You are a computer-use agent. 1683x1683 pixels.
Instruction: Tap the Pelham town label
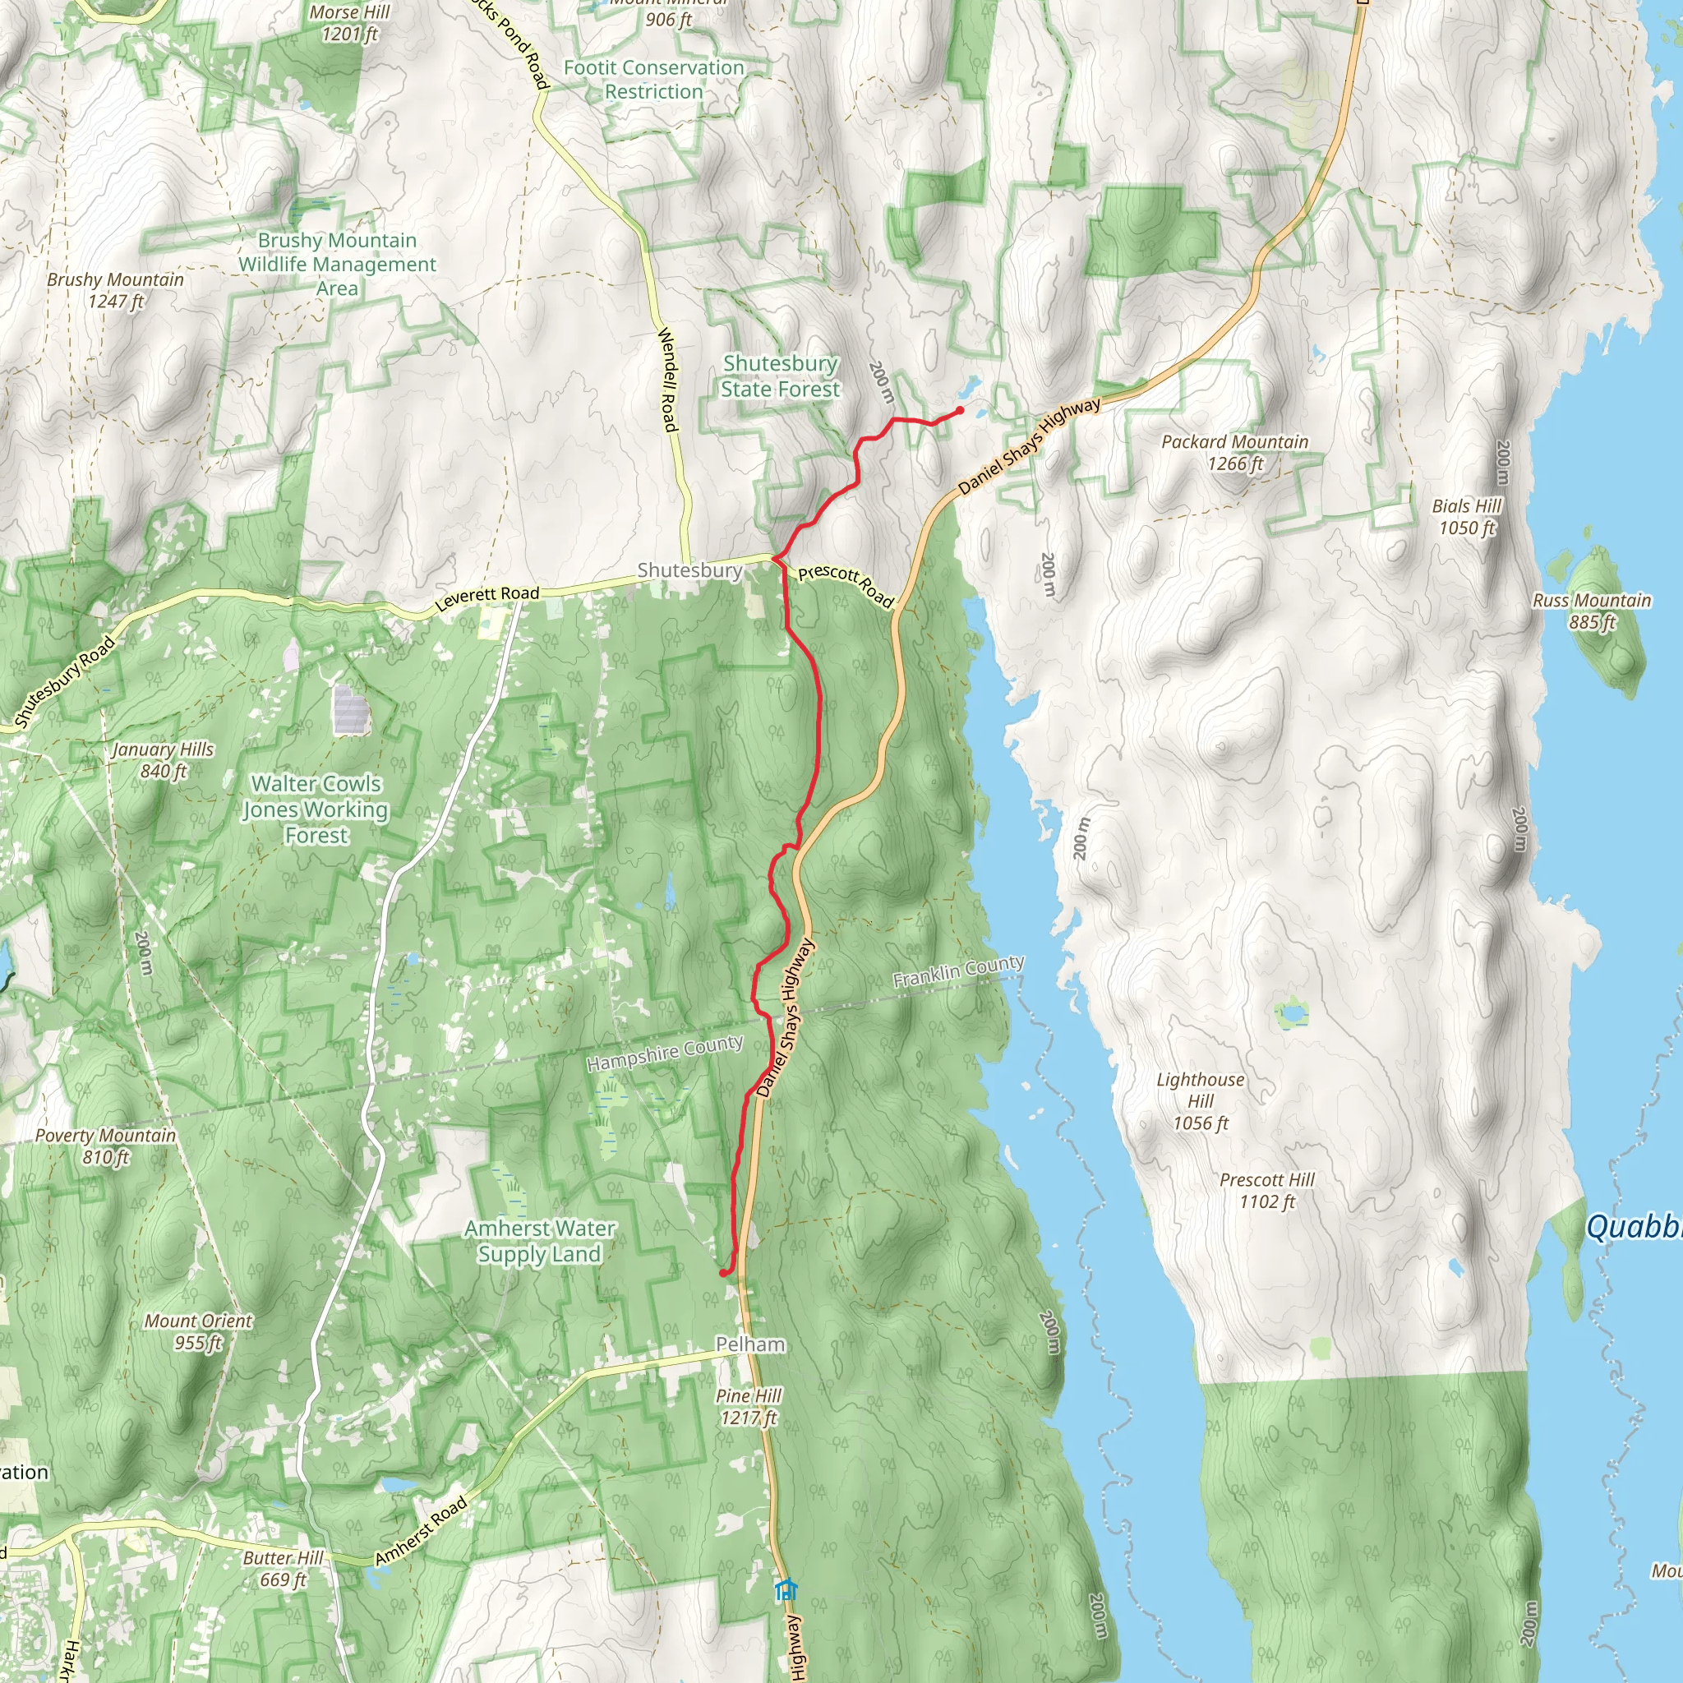[x=750, y=1344]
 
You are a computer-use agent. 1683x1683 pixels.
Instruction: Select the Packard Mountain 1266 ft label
[x=1234, y=452]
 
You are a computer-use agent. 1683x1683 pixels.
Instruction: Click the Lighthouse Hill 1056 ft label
[x=1201, y=1101]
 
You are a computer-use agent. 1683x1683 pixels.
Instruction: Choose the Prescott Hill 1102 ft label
[x=1266, y=1190]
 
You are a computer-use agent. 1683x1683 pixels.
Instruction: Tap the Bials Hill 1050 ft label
[x=1467, y=517]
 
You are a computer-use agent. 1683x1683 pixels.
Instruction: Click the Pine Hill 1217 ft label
[x=749, y=1406]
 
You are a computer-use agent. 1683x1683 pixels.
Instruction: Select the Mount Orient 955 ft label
[x=199, y=1331]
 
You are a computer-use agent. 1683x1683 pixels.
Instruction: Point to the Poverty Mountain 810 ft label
[x=105, y=1146]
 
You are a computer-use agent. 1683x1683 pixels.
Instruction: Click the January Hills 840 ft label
[x=163, y=759]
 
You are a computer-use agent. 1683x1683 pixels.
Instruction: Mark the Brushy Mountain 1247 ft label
[x=115, y=290]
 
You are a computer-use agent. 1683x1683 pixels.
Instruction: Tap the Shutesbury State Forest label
[x=781, y=376]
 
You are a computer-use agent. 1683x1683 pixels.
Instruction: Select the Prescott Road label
[x=845, y=585]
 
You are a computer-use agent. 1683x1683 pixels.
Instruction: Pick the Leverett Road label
[x=487, y=597]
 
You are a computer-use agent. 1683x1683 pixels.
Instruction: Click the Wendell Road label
[x=667, y=379]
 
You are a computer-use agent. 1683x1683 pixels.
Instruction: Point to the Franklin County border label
[x=958, y=971]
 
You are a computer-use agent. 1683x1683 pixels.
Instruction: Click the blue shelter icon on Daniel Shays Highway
[x=786, y=1589]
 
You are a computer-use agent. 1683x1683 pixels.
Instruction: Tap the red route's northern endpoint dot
[x=960, y=410]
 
